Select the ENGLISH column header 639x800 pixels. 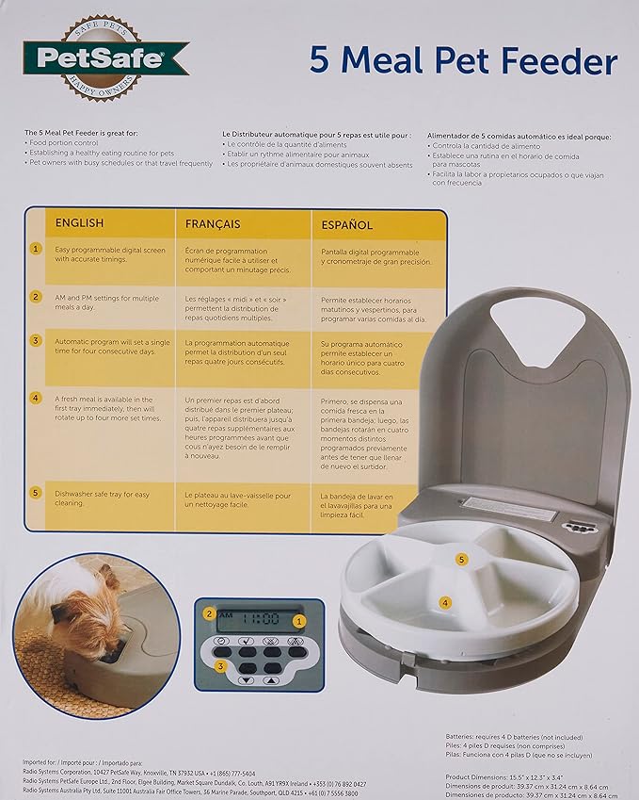point(80,224)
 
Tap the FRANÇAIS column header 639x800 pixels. point(213,224)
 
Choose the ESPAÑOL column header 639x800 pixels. point(347,225)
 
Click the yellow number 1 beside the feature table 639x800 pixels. point(36,250)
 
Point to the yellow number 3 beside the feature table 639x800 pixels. point(36,340)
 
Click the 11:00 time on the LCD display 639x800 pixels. point(255,621)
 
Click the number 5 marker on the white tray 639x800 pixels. point(461,559)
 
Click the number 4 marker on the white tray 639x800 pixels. point(445,601)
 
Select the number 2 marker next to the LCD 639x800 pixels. point(209,613)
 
